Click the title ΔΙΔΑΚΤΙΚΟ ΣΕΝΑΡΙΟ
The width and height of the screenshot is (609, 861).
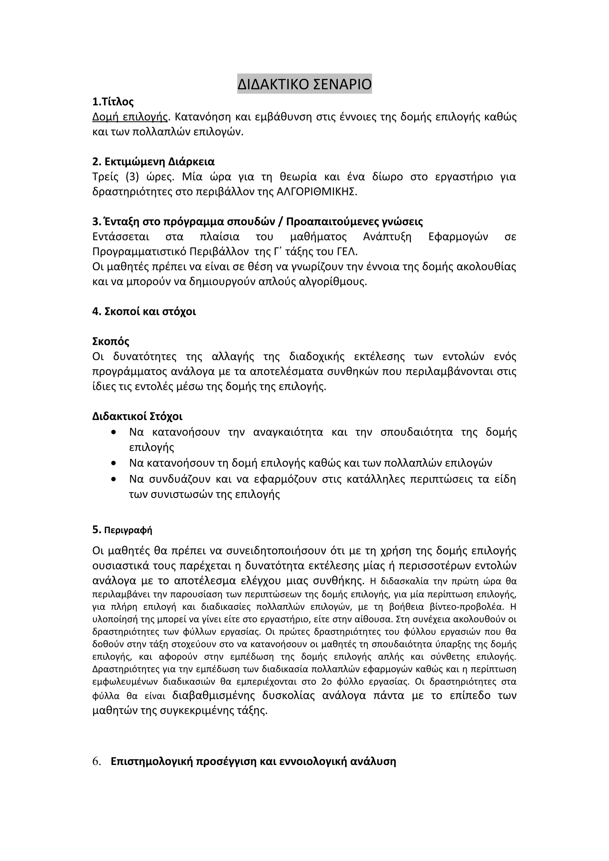coord(304,84)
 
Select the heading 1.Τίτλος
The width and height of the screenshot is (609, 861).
coord(113,102)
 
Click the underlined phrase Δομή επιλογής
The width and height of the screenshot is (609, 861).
coord(130,117)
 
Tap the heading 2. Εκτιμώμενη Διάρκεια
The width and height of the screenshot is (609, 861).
coord(153,162)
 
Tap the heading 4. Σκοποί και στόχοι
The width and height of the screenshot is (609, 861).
coord(144,312)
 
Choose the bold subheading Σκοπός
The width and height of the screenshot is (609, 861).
coord(111,341)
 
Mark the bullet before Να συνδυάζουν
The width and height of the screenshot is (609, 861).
coord(114,479)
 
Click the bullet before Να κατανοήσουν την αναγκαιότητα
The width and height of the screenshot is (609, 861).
coord(114,432)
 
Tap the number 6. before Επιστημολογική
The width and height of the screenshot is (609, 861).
coord(97,762)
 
